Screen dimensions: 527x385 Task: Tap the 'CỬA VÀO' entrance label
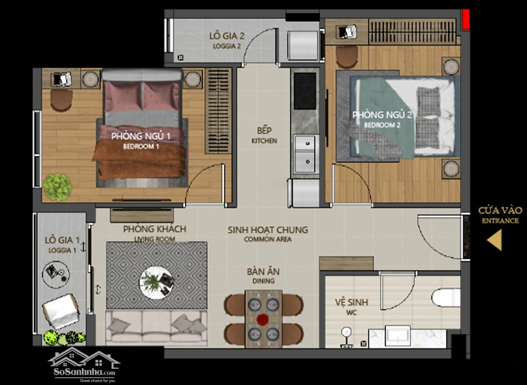tap(500, 211)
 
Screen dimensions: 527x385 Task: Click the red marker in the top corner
tap(466, 19)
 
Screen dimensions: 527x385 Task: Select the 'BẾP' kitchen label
tap(264, 130)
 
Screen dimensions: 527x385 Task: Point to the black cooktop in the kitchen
tap(305, 91)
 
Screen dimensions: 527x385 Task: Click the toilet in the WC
tap(446, 297)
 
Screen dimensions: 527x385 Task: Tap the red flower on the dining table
tap(263, 319)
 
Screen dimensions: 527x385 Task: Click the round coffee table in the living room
tap(157, 283)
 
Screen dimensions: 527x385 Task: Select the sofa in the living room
tap(156, 327)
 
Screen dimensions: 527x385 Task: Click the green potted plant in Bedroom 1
tap(57, 187)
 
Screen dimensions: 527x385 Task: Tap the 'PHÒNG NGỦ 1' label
tap(141, 136)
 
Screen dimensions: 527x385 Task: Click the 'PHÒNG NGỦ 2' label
tap(382, 115)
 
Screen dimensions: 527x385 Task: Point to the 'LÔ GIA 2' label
tap(227, 36)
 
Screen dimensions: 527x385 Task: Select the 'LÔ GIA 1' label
tap(62, 240)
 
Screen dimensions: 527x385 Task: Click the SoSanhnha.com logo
tap(84, 365)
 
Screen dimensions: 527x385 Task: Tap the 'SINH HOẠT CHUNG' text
tap(268, 230)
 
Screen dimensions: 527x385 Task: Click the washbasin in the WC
tap(397, 335)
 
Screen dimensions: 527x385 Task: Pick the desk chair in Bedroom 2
tap(346, 57)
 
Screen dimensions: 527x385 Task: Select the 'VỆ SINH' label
tap(351, 303)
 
